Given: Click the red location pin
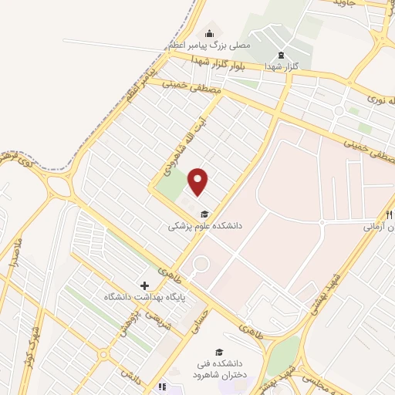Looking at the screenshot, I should click(x=199, y=181).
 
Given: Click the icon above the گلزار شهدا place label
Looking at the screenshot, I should click(x=281, y=55).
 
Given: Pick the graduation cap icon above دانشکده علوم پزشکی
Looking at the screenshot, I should click(x=204, y=214).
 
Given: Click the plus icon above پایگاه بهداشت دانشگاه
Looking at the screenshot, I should click(x=143, y=285).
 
